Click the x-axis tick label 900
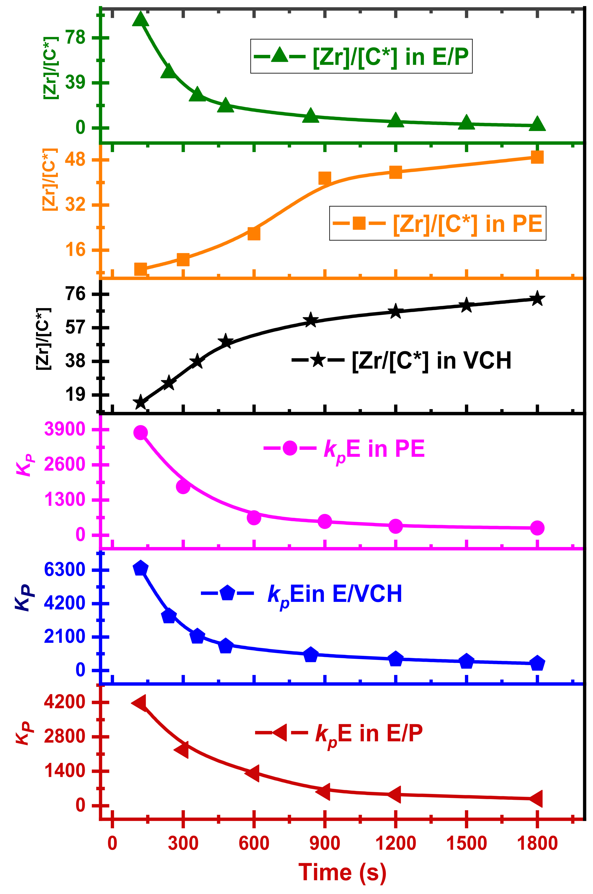tap(324, 844)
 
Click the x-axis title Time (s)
tap(342, 872)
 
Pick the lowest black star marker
tap(140, 402)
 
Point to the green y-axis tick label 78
tap(76, 38)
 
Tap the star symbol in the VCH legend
tap(318, 360)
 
